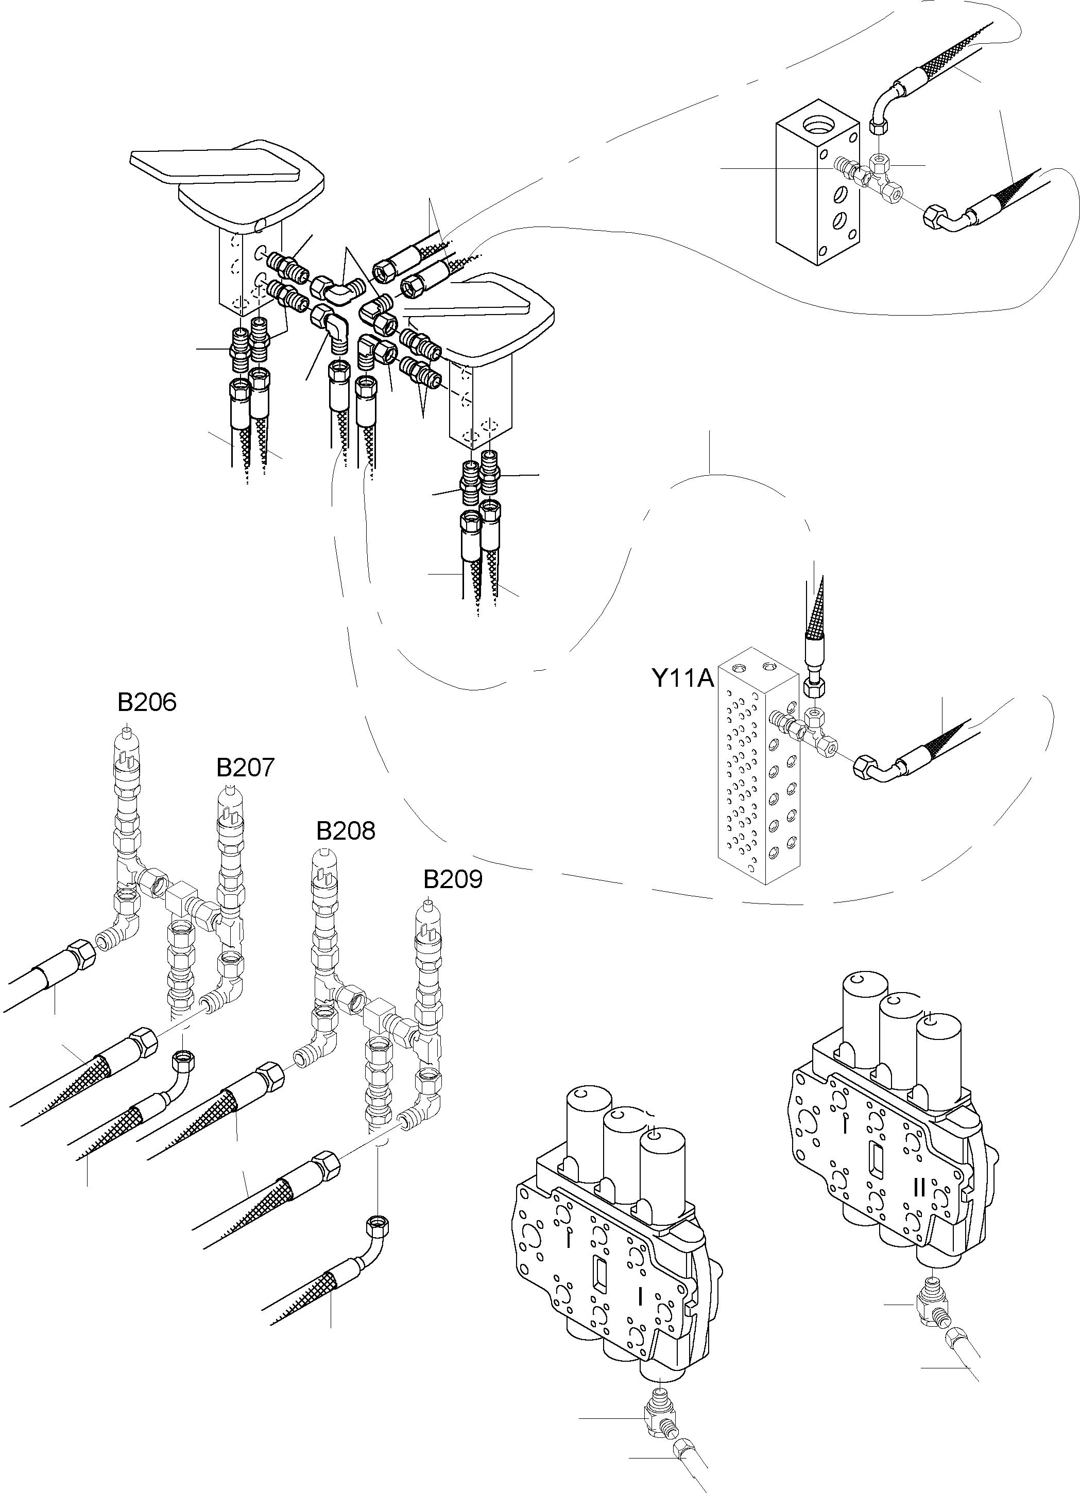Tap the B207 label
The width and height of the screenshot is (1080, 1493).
(x=245, y=768)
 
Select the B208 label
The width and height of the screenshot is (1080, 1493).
(x=346, y=831)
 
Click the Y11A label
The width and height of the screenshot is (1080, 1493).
(x=683, y=678)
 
